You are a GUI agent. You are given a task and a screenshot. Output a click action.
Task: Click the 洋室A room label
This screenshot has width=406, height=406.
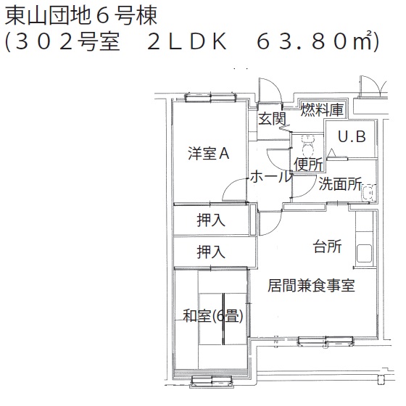pyautogui.click(x=209, y=153)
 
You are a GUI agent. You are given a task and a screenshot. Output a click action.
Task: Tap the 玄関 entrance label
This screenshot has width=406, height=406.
pyautogui.click(x=272, y=119)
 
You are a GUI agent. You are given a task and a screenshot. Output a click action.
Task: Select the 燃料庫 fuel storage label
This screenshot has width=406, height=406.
pyautogui.click(x=322, y=109)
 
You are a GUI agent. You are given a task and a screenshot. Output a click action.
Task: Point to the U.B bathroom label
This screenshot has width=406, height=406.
pyautogui.click(x=352, y=136)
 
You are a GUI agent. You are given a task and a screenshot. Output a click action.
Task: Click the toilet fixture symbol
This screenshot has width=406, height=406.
pyautogui.click(x=307, y=146)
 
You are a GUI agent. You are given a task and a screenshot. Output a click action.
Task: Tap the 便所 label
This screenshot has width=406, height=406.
pyautogui.click(x=308, y=164)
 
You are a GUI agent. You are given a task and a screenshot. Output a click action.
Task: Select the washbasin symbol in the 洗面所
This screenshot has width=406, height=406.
pyautogui.click(x=368, y=193)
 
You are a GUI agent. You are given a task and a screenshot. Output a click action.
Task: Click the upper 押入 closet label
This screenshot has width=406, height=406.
pyautogui.click(x=211, y=220)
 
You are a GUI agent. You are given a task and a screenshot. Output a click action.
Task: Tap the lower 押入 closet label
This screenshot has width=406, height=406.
pyautogui.click(x=211, y=252)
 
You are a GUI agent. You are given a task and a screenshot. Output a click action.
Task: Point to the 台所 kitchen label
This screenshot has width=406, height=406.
pyautogui.click(x=327, y=246)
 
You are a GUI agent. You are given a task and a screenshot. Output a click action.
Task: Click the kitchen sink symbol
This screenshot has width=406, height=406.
pyautogui.click(x=364, y=254)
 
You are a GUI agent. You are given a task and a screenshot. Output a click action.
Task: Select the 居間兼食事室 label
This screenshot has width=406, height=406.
pyautogui.click(x=311, y=286)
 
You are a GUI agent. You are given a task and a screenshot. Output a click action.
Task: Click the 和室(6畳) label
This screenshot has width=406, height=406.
pyautogui.click(x=213, y=316)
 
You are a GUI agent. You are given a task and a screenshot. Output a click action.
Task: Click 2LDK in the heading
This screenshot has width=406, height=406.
pyautogui.click(x=187, y=41)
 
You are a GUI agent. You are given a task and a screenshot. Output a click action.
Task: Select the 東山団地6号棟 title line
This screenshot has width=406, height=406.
pyautogui.click(x=81, y=16)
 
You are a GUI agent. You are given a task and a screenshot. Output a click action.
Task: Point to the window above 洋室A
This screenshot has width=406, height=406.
pyautogui.click(x=210, y=98)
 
